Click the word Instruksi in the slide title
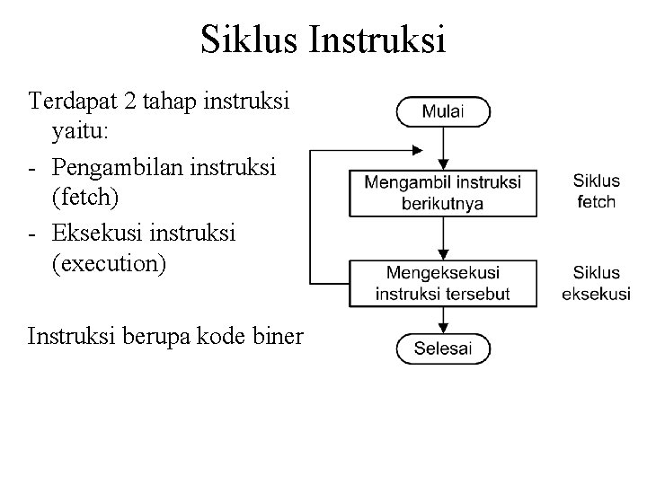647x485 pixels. point(387,41)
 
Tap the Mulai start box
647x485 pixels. point(443,113)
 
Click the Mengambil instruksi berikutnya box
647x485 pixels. point(443,192)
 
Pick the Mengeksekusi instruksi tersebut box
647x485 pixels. point(443,282)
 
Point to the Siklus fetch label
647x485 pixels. point(596,190)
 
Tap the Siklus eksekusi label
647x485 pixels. point(596,282)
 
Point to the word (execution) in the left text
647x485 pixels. point(110,265)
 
